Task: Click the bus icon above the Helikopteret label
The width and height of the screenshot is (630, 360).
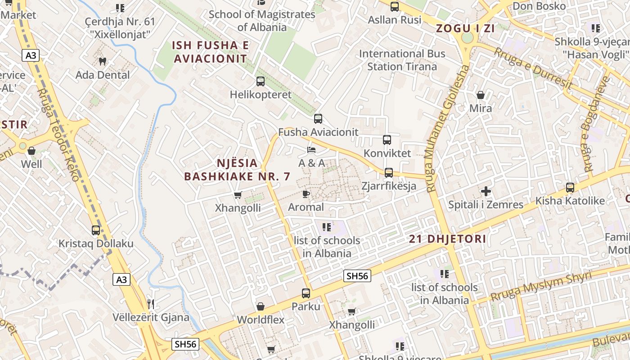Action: coord(260,81)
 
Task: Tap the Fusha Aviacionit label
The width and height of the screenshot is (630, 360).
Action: coord(318,132)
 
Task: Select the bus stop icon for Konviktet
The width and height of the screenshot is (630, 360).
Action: coord(387,140)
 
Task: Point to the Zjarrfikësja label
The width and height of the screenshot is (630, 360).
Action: coord(389,186)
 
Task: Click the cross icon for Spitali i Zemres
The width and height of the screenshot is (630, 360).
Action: coord(486,191)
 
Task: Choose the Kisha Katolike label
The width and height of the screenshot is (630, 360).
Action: coord(570,201)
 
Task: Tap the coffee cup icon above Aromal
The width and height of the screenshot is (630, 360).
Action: coord(306,194)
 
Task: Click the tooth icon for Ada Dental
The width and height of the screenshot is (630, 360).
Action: coord(103,61)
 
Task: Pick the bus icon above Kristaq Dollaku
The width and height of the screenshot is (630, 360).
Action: coord(96,230)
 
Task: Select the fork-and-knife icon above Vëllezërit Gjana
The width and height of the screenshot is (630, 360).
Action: coord(151,304)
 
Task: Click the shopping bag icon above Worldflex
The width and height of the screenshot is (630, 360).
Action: coord(260,307)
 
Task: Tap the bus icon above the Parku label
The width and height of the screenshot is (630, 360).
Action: coord(306,293)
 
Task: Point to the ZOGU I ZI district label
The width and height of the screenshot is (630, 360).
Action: coord(465,28)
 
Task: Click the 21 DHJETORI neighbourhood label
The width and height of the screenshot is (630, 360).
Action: coord(447,239)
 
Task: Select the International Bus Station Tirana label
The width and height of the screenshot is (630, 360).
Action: coord(402,60)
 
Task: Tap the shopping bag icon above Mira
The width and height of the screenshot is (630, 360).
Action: coord(481,95)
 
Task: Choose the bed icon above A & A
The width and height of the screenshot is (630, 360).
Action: coord(311,149)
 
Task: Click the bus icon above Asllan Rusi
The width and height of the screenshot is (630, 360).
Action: coord(395,7)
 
